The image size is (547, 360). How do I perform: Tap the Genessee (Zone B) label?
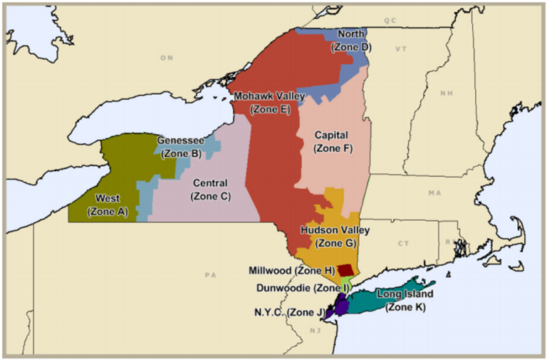click(x=181, y=147)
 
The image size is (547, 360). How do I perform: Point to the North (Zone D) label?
click(x=351, y=40)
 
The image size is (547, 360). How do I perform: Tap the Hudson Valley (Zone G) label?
click(x=328, y=237)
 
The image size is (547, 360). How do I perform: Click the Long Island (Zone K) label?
click(x=405, y=300)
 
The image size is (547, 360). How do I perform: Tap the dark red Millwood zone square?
click(x=345, y=270)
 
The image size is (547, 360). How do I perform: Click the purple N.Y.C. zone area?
click(x=340, y=307)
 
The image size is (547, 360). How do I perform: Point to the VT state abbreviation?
click(x=400, y=49)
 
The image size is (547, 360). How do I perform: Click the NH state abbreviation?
click(x=447, y=93)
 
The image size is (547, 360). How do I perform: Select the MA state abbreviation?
click(x=434, y=193)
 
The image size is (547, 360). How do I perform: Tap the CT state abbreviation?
click(x=404, y=244)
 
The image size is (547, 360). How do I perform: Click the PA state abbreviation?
click(x=209, y=274)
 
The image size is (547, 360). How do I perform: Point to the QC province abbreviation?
click(x=390, y=21)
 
